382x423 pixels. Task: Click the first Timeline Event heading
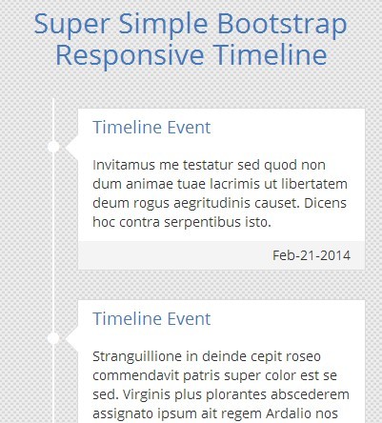(151, 128)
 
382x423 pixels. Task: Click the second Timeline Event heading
(151, 318)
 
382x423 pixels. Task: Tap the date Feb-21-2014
(312, 255)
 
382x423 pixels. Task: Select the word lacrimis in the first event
(253, 183)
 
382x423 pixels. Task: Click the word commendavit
(139, 374)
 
